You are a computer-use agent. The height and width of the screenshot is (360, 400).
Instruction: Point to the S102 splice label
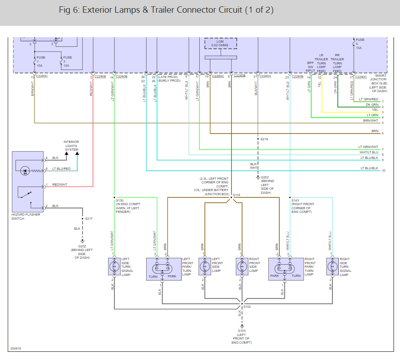pos(247,306)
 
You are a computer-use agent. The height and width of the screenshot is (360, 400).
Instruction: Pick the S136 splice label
pos(119,200)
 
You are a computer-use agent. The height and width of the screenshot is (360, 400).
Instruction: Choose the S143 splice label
pos(296,200)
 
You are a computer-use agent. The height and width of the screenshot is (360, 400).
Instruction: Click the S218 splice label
pos(264,139)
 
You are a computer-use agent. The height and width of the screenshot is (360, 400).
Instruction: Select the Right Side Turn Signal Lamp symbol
pos(332,266)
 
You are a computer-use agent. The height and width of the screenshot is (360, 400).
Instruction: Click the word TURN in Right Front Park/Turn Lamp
pos(296,276)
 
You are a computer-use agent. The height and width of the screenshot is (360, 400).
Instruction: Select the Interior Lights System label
pos(71,146)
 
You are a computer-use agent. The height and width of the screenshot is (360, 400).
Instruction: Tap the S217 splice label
pos(89,219)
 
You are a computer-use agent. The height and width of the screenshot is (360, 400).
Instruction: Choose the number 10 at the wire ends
pos(384,171)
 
